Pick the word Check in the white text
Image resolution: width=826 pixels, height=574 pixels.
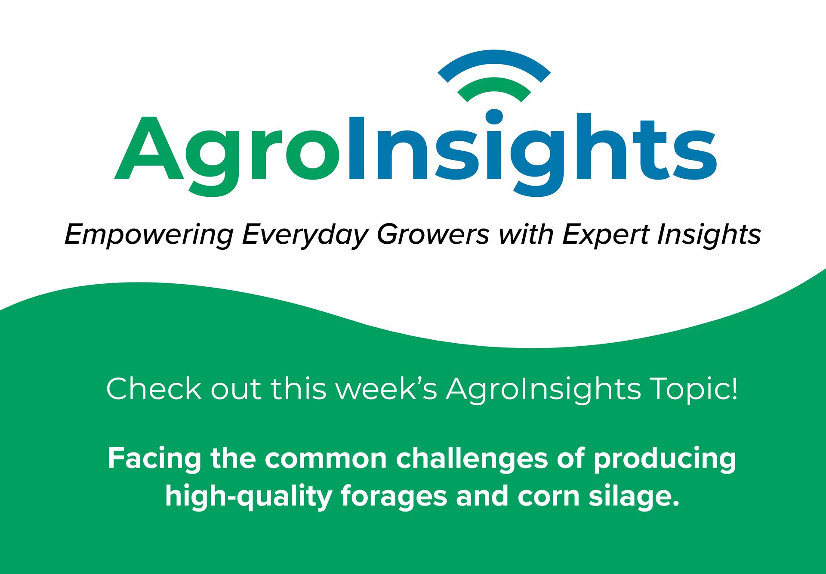pos(153,389)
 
